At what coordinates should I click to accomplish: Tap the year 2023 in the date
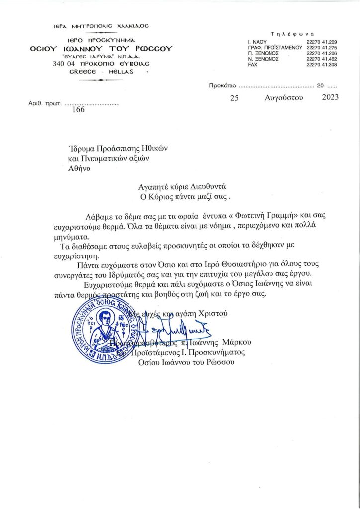coord(330,97)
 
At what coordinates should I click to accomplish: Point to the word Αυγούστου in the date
coord(284,97)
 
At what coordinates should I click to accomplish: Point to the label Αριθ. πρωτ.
coord(44,105)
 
